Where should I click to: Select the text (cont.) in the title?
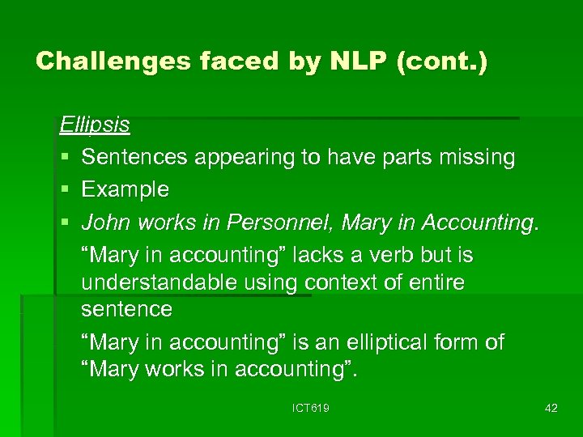[442, 62]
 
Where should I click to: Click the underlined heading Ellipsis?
[95, 125]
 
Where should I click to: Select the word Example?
[126, 190]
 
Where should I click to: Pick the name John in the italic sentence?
[107, 222]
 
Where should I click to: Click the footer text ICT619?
[311, 408]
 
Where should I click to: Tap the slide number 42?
[551, 408]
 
